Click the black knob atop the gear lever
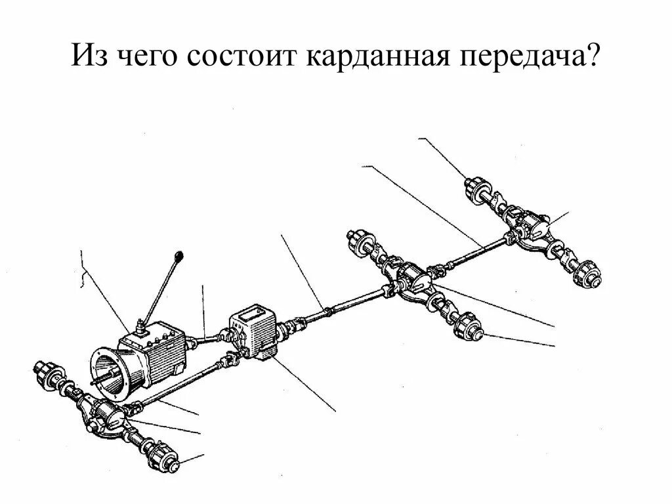178,254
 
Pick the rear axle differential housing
530,225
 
